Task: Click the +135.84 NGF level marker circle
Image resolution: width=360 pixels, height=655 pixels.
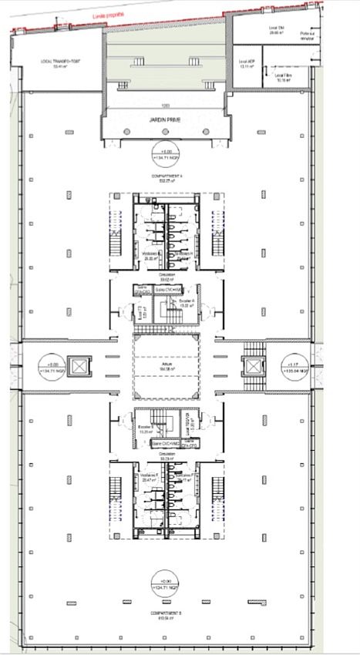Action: (294, 366)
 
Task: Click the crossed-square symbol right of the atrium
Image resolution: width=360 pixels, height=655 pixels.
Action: (254, 366)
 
